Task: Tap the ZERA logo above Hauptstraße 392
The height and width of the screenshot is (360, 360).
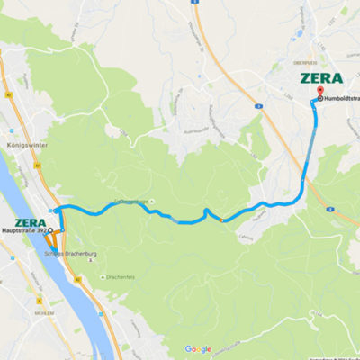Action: click(x=31, y=221)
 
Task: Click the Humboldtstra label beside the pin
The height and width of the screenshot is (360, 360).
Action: click(x=341, y=98)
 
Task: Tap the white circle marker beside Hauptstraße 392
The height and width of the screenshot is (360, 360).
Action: click(x=50, y=231)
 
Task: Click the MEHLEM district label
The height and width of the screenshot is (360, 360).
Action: click(x=16, y=306)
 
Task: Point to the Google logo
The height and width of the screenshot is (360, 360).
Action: click(x=198, y=349)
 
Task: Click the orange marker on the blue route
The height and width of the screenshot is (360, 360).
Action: click(x=220, y=220)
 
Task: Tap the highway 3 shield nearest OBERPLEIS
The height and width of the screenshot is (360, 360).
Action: click(x=258, y=105)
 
